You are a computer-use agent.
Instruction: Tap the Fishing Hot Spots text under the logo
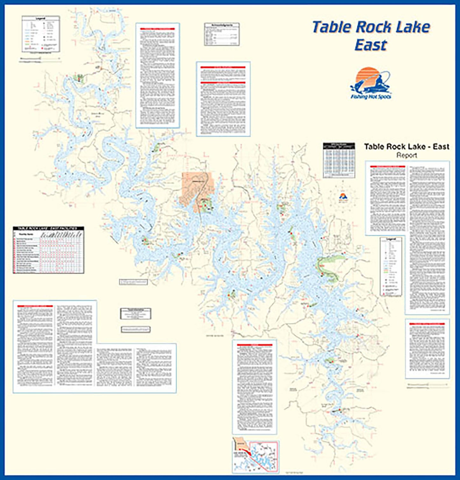pos(371,97)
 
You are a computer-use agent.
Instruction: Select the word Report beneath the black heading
pos(407,155)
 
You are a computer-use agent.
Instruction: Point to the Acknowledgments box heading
pos(222,24)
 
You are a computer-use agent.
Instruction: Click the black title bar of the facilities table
pos(48,228)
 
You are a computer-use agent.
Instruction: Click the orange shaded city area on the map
pos(195,186)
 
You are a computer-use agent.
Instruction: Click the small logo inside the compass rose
pos(343,196)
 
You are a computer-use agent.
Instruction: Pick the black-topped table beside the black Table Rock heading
pos(339,160)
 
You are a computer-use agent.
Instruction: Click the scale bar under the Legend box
pos(40,59)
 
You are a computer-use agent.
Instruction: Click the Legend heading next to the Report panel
pos(391,239)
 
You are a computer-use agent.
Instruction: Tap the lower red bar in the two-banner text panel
pos(223,83)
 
